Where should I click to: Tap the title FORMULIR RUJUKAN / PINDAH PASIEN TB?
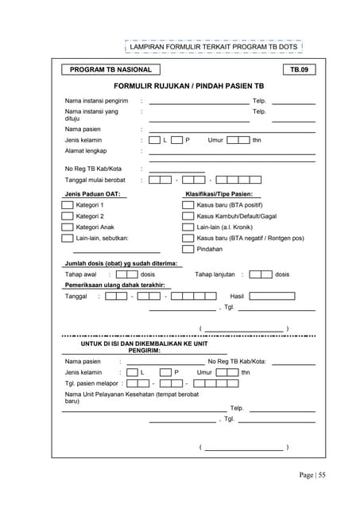click(188, 85)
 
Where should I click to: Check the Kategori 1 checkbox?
click(68, 204)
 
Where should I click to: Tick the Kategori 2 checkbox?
click(68, 216)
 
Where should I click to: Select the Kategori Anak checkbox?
click(68, 227)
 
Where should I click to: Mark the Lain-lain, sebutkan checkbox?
click(68, 238)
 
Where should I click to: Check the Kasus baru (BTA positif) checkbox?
click(188, 204)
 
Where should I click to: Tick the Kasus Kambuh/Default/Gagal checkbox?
click(188, 216)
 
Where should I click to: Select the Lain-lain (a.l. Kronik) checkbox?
click(188, 227)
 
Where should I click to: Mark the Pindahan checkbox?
click(188, 249)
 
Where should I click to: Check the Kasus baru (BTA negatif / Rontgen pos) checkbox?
click(188, 238)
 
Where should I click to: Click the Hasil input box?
click(272, 296)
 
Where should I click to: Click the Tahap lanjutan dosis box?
click(261, 274)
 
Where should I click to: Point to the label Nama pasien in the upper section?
click(83, 128)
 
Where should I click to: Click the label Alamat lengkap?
click(86, 150)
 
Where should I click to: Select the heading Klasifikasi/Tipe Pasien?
click(219, 193)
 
